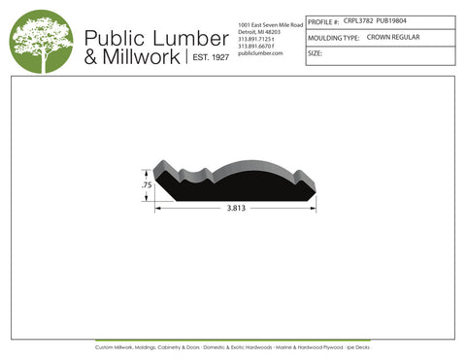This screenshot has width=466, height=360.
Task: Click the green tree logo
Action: click(41, 41)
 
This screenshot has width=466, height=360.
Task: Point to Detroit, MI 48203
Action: click(259, 31)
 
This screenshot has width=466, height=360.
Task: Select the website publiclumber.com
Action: click(259, 53)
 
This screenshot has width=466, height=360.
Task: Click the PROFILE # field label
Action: click(323, 21)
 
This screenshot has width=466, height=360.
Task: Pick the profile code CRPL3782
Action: click(359, 20)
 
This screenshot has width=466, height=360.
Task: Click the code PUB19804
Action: click(392, 20)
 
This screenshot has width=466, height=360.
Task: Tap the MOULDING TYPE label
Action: click(333, 38)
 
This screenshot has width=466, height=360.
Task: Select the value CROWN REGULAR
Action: click(393, 37)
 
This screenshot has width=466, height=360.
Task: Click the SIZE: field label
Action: click(315, 54)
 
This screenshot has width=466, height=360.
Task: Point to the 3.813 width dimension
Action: click(235, 209)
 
